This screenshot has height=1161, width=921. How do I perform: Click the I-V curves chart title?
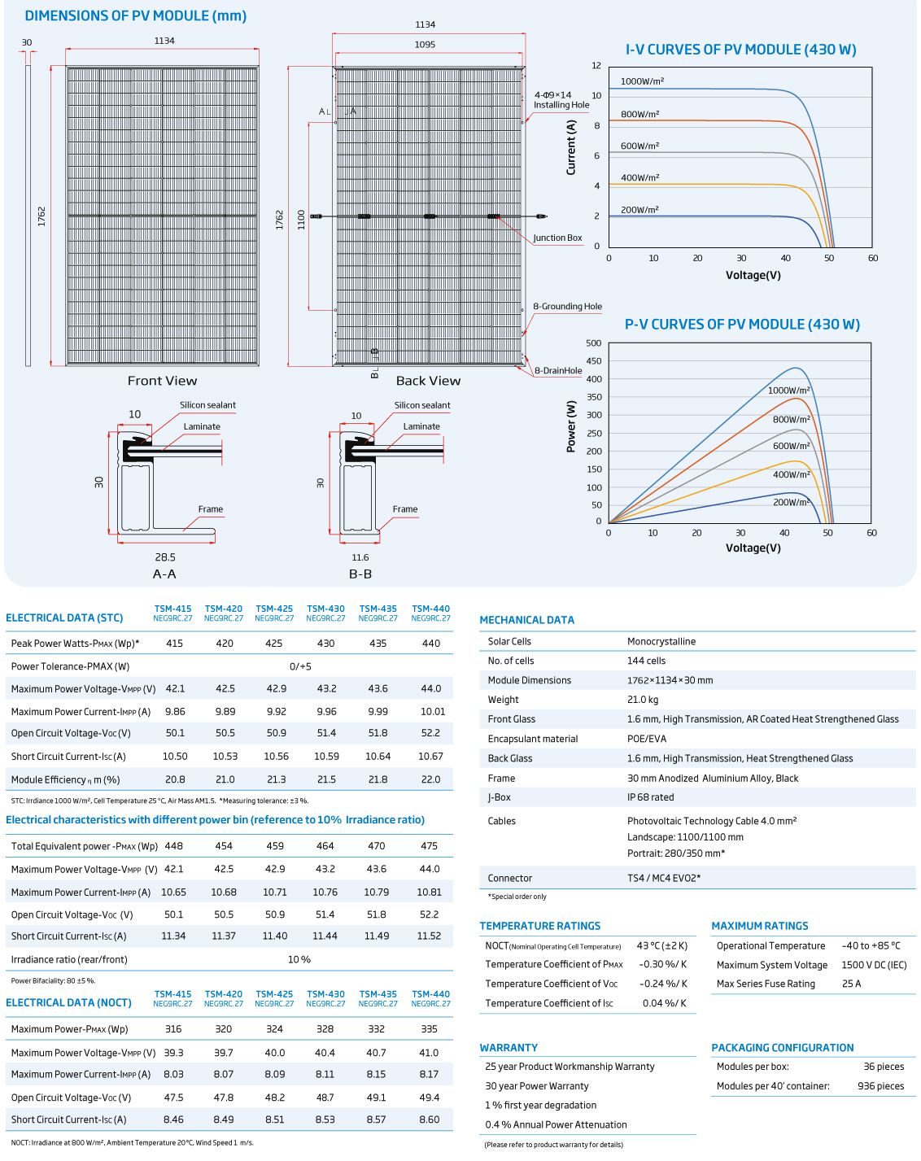(x=740, y=50)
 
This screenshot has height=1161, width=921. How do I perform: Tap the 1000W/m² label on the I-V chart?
(x=642, y=81)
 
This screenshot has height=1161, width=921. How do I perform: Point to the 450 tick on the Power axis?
(x=594, y=361)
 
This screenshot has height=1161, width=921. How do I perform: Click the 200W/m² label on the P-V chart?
(x=791, y=502)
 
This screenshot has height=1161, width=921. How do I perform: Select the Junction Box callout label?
(x=557, y=238)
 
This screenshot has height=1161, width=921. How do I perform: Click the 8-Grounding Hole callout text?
(x=567, y=307)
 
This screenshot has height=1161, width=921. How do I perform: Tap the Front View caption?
(x=162, y=381)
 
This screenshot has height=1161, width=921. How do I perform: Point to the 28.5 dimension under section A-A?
(x=165, y=557)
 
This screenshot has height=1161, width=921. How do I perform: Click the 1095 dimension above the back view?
(x=425, y=45)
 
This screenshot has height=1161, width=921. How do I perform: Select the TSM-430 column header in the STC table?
(x=325, y=613)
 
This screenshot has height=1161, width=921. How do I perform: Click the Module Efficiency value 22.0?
(x=430, y=779)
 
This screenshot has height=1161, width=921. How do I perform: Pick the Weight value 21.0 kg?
(x=643, y=700)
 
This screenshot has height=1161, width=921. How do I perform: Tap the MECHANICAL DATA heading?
(x=526, y=620)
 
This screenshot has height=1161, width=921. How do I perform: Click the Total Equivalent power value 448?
(x=173, y=846)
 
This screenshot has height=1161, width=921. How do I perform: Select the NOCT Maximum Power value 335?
(x=429, y=1029)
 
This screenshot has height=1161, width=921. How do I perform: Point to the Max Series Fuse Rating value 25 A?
(x=851, y=984)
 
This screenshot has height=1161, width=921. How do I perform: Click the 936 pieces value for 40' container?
(x=880, y=1086)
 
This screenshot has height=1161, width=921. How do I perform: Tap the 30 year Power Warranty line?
(x=536, y=1086)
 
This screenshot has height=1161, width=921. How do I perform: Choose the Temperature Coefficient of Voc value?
(x=663, y=984)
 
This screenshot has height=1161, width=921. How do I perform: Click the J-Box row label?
(x=499, y=797)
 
